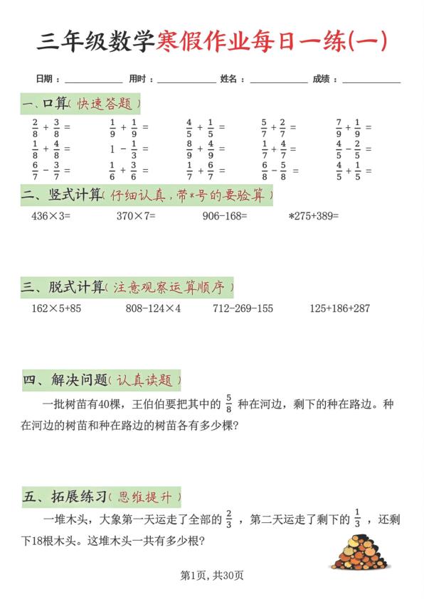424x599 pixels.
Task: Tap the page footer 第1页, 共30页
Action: point(212,575)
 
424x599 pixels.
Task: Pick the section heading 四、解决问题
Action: point(64,381)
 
